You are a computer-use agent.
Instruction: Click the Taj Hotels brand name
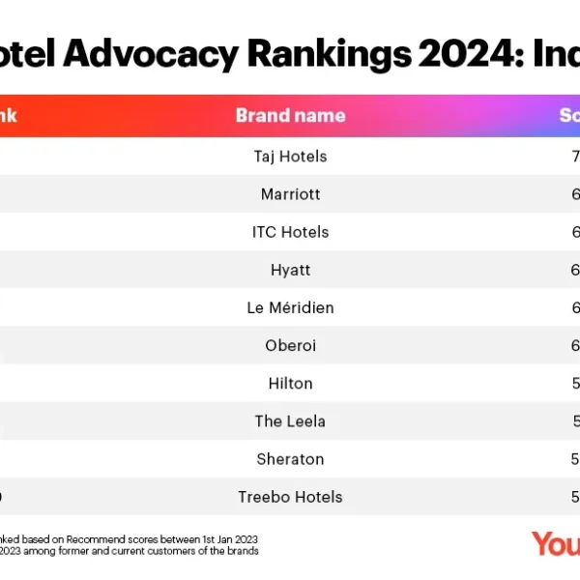290,156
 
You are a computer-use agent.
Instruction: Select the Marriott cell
290,194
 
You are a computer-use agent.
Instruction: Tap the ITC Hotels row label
290,232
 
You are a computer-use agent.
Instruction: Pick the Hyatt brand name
290,270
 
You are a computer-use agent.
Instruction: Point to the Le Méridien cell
290,307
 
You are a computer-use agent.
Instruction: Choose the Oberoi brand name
290,345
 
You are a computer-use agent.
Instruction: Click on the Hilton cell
290,383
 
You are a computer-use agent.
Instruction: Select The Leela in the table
290,421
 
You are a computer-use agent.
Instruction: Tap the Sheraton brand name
290,459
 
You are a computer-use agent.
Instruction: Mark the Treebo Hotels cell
290,497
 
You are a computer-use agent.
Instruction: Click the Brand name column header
290,116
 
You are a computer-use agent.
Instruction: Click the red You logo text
556,543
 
